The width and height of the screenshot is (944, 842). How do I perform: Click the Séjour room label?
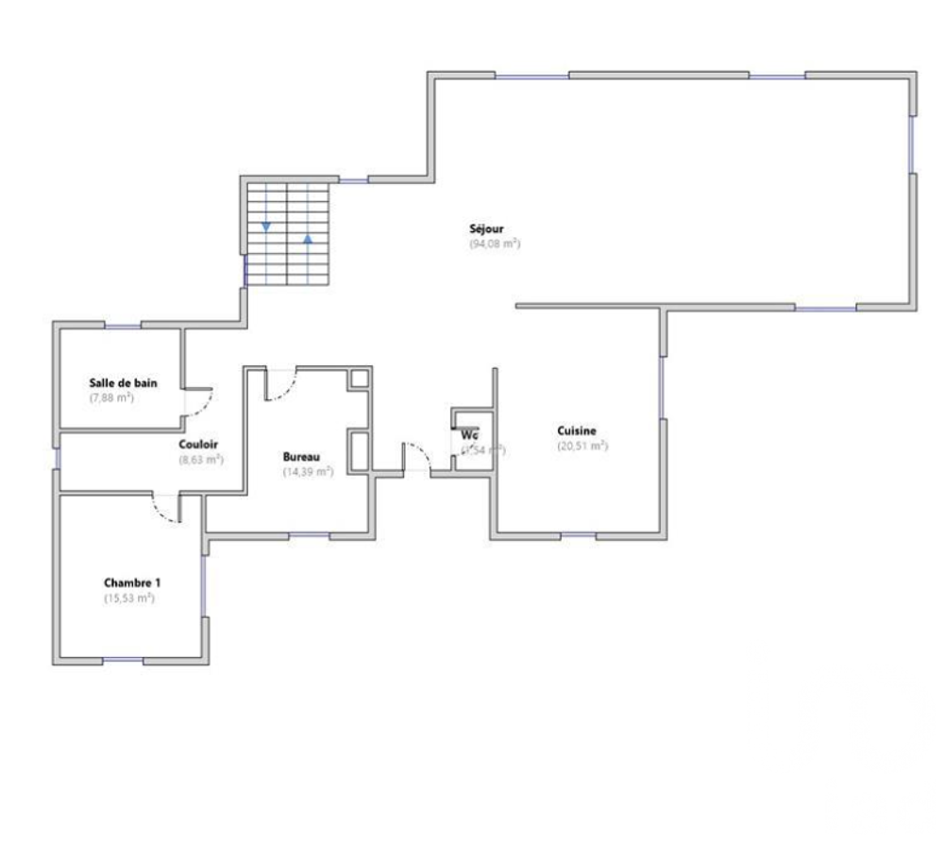(x=486, y=228)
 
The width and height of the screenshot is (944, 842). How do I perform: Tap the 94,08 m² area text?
(x=495, y=244)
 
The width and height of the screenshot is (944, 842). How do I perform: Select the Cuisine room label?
(x=577, y=430)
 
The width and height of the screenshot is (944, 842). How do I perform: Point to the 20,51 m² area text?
(x=582, y=446)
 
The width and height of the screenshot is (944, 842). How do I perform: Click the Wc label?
(x=469, y=435)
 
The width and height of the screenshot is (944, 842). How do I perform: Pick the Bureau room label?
(x=301, y=456)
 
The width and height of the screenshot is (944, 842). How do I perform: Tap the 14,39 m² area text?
(x=308, y=471)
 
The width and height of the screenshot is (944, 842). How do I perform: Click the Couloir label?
(x=198, y=445)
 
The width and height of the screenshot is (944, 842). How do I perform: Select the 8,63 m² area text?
(x=200, y=460)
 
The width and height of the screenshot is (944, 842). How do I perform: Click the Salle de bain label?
(x=123, y=382)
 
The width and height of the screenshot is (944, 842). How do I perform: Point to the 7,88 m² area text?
(x=111, y=397)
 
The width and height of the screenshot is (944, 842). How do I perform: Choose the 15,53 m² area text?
(x=128, y=598)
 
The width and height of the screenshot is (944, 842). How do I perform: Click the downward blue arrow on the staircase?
(x=266, y=226)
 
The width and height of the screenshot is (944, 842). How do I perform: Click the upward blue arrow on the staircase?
(x=308, y=239)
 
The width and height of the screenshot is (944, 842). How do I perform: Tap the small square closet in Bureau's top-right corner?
(x=360, y=379)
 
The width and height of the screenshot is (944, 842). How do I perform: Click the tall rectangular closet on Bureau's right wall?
(x=359, y=450)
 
